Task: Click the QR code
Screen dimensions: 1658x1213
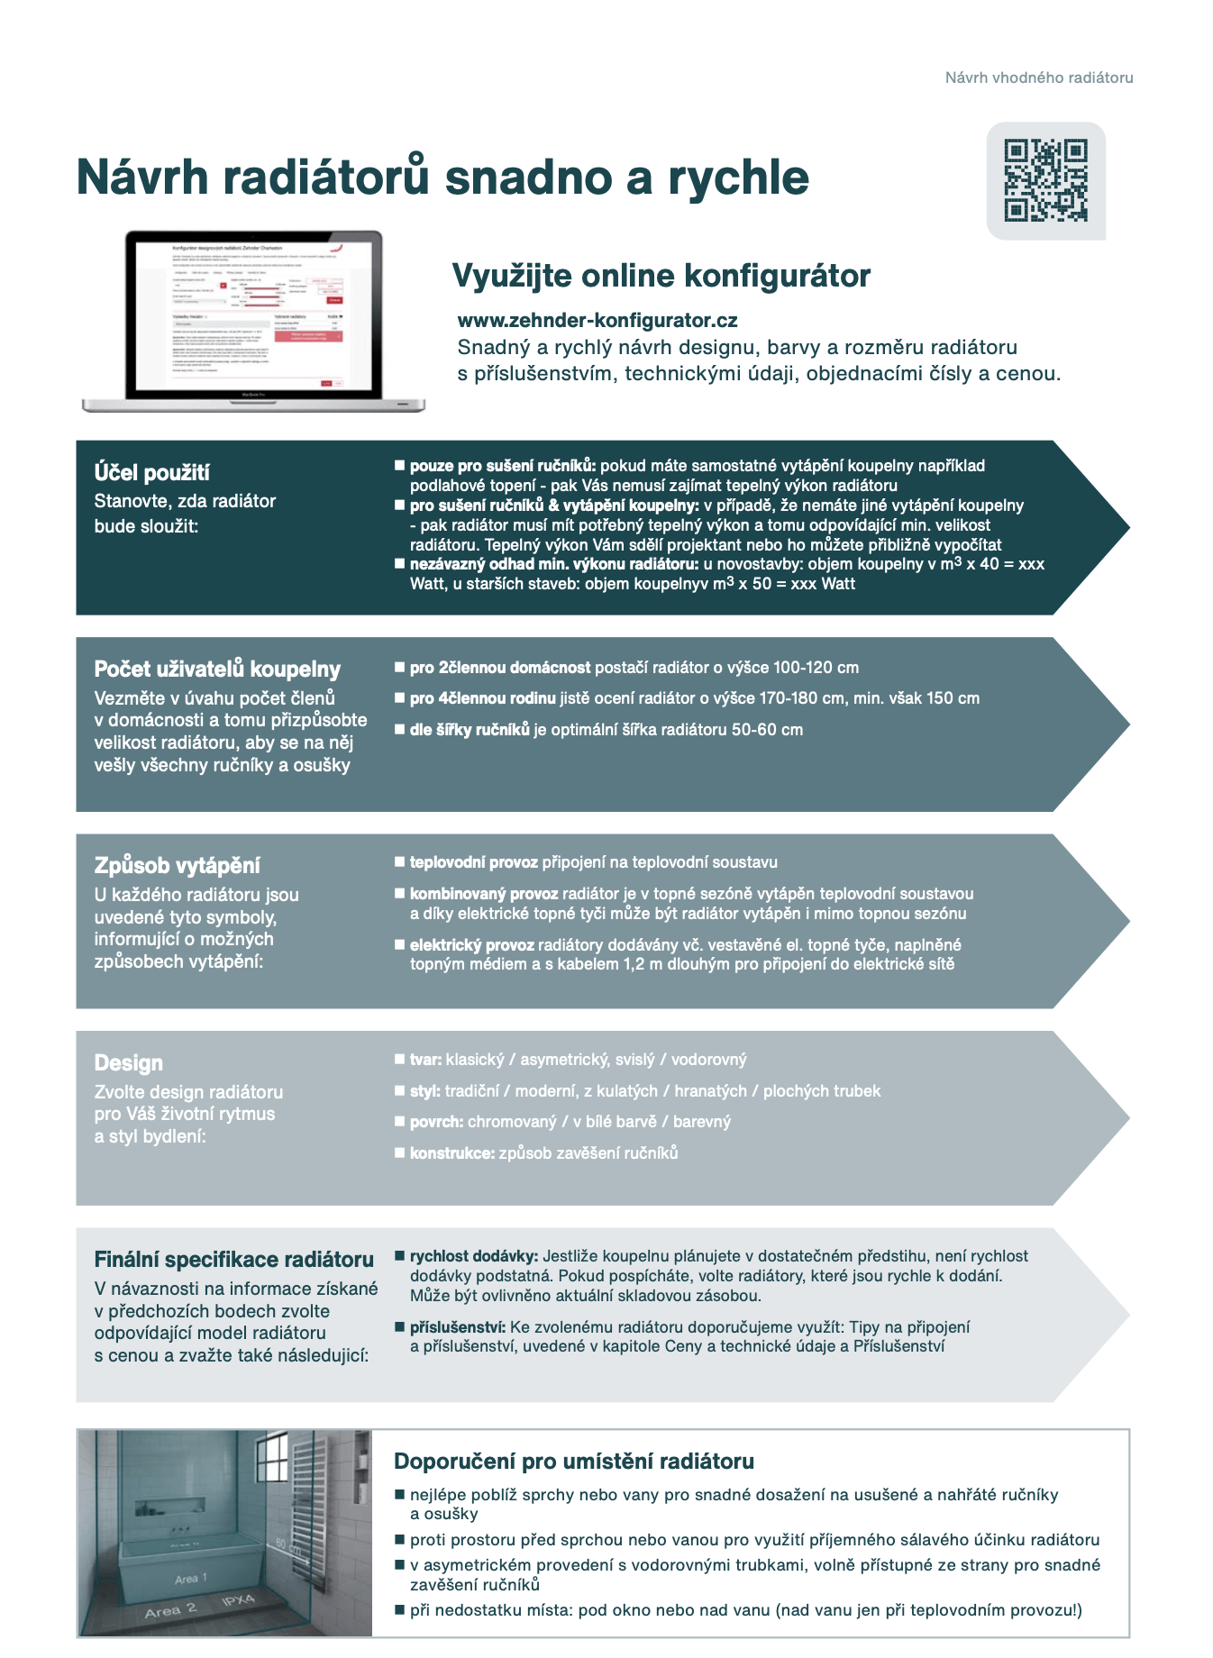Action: click(1045, 180)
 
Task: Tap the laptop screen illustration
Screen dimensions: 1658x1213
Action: click(253, 315)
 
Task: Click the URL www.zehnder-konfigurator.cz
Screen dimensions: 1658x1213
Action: click(597, 321)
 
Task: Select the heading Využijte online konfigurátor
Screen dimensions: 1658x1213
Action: click(661, 276)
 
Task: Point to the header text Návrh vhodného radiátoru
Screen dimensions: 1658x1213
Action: click(1038, 77)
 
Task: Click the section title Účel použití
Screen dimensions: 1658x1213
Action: click(151, 472)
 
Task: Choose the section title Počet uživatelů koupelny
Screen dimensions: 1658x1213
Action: click(217, 669)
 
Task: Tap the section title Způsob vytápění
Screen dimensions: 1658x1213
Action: click(177, 865)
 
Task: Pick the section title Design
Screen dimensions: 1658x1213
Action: click(128, 1062)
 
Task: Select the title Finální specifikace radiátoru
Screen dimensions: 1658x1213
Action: click(233, 1259)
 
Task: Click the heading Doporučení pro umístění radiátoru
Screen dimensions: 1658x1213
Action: click(573, 1461)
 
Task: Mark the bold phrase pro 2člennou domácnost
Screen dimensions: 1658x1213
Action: click(500, 668)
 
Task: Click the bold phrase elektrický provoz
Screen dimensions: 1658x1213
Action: click(471, 945)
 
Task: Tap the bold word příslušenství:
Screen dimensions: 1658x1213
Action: click(458, 1327)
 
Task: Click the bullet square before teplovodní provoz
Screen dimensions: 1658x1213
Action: click(399, 862)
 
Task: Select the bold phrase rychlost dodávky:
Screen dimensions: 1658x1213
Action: click(474, 1256)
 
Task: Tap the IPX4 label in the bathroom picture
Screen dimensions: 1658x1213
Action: click(238, 1600)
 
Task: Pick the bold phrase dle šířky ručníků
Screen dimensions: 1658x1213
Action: click(470, 730)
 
